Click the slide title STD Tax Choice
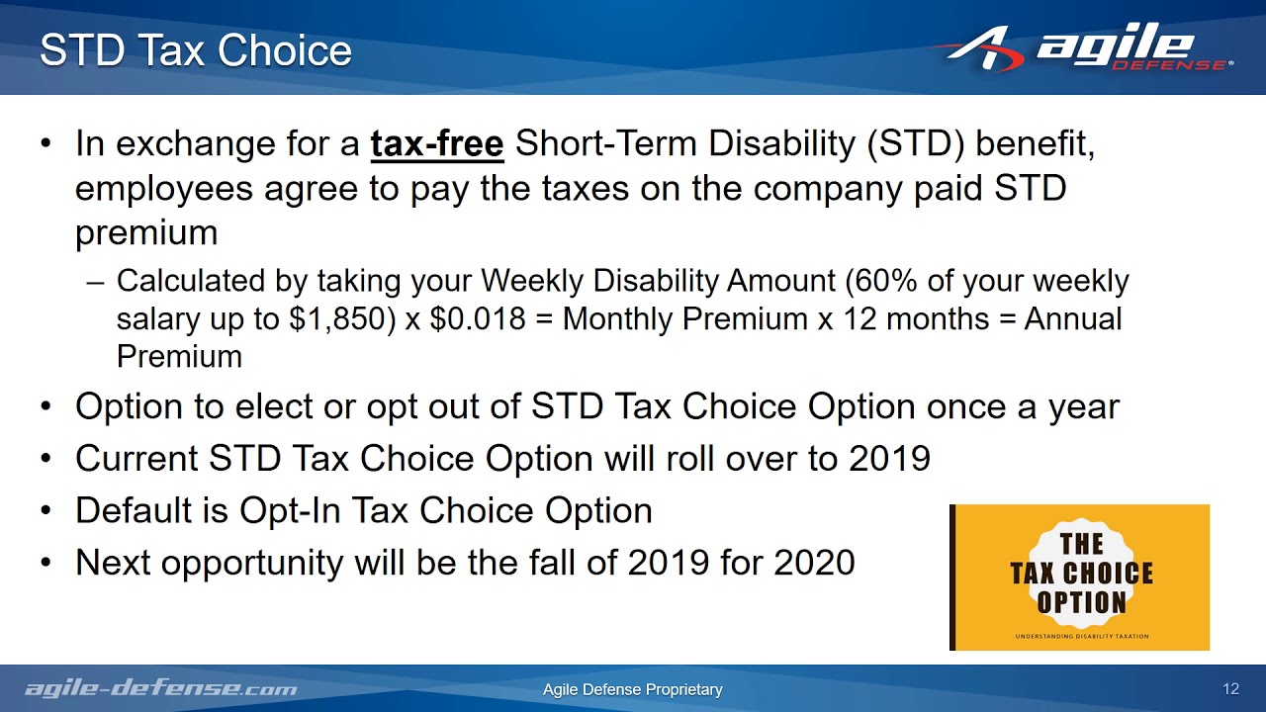(196, 50)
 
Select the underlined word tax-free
(437, 144)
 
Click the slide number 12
(1230, 689)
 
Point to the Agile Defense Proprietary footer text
(633, 689)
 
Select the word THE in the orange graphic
(1081, 544)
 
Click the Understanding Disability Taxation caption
(1081, 636)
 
